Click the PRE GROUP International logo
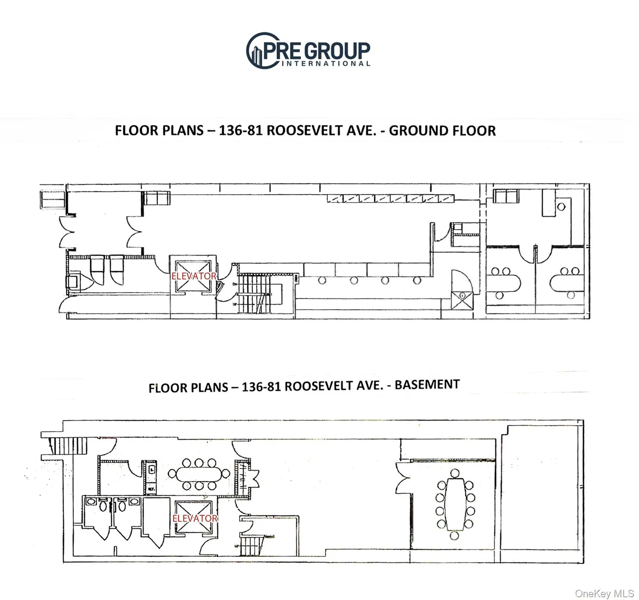click(308, 51)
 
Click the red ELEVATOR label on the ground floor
click(194, 276)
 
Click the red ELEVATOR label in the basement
click(195, 518)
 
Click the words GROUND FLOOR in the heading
click(442, 130)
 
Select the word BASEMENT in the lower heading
click(427, 384)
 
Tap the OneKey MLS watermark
click(604, 593)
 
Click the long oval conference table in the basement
click(199, 474)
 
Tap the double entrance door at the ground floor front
click(67, 232)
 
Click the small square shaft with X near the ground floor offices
click(462, 300)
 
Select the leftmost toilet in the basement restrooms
click(103, 506)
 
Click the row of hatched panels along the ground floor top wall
click(390, 198)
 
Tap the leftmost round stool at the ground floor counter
click(322, 280)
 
